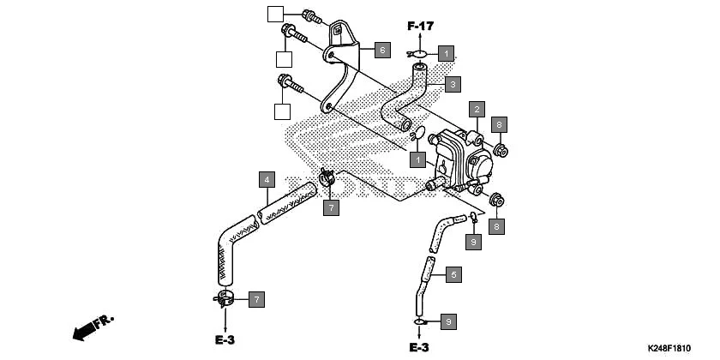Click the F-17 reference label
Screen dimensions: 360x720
coord(421,25)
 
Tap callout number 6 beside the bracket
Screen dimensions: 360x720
coord(382,50)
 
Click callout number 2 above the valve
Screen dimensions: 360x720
coord(477,109)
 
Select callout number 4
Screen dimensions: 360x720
coord(267,180)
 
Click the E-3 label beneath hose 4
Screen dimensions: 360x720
coord(225,340)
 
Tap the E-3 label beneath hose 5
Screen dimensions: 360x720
coord(418,347)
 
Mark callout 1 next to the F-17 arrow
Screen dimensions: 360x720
coord(445,52)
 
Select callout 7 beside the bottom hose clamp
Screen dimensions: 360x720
coord(255,299)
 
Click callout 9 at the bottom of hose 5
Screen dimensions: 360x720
coord(447,321)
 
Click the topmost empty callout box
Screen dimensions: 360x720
coord(274,13)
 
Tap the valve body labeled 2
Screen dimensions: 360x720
coord(459,159)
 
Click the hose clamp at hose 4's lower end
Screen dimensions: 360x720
coord(225,299)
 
